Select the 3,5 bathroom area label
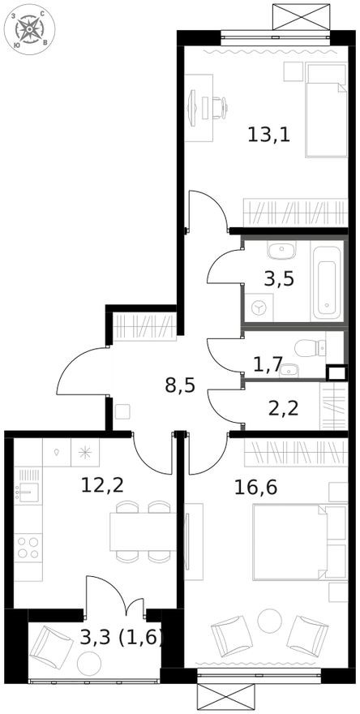tap(279, 278)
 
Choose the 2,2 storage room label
tap(283, 406)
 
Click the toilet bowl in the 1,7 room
tap(307, 349)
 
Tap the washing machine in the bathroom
tap(259, 308)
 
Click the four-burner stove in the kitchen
tap(28, 545)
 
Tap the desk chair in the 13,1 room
tap(216, 105)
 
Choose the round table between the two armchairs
tap(268, 623)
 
